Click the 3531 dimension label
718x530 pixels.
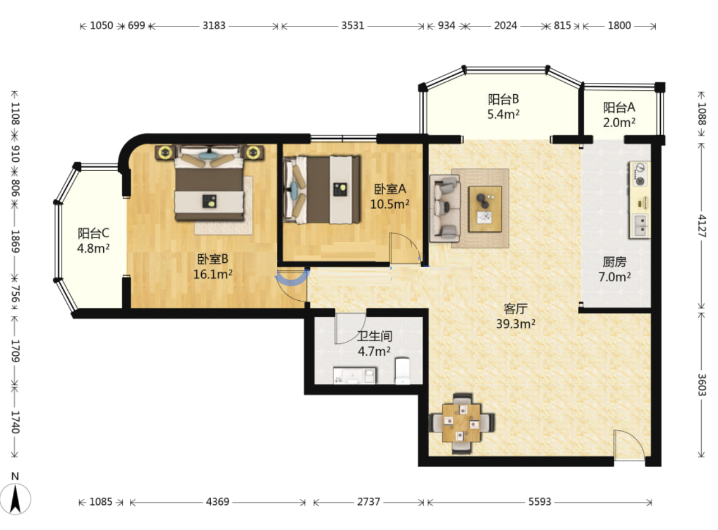coord(353,26)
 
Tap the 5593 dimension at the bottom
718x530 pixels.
coord(539,502)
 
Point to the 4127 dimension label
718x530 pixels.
coord(702,226)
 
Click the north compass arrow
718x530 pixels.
coord(15,499)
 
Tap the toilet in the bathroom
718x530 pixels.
coord(402,370)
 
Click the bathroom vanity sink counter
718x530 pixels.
coord(354,375)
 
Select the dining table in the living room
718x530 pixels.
coord(462,423)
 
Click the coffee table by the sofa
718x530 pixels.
coord(485,209)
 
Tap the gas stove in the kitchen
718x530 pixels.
coord(640,175)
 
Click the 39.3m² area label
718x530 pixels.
coord(516,324)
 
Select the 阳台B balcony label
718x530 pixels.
coord(503,99)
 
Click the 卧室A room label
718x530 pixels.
coord(390,189)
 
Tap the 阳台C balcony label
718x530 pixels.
coord(93,233)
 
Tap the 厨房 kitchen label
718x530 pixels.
coord(614,262)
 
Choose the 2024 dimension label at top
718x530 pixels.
coord(506,26)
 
